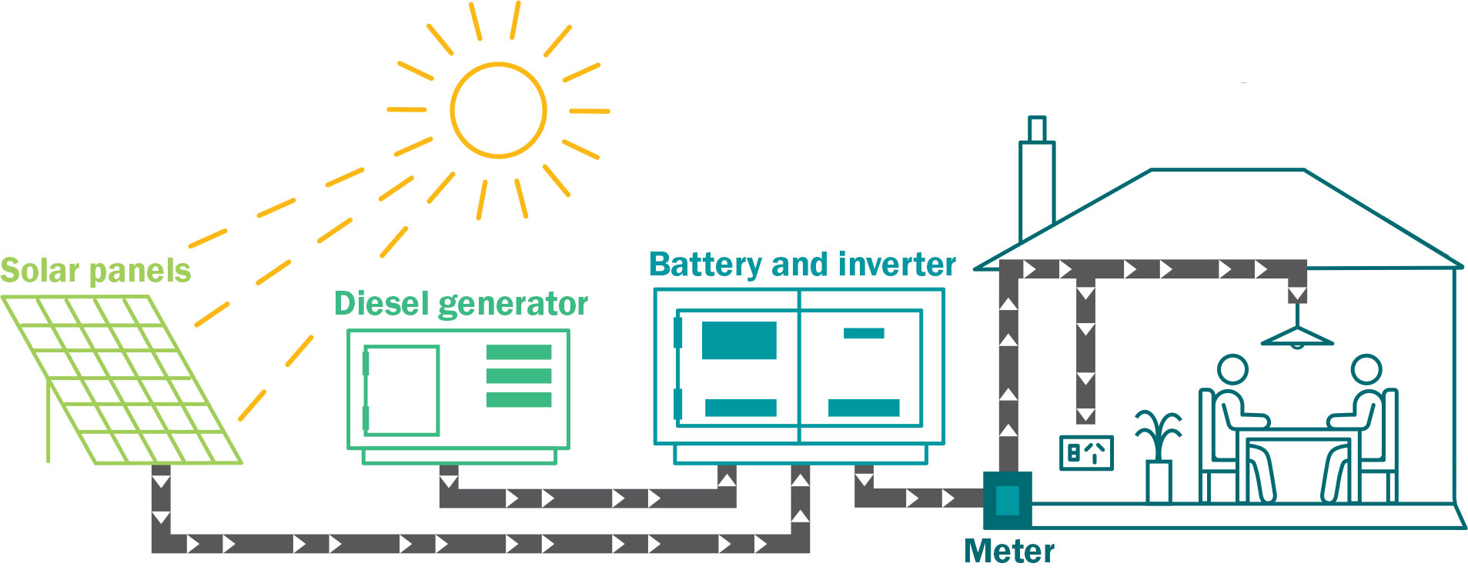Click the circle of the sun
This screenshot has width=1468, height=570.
coord(498,111)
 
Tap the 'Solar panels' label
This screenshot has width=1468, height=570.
coord(95,271)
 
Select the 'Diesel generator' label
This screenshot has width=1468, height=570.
coord(460,304)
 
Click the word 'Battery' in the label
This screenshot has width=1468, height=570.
coord(705,265)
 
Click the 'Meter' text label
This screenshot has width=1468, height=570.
coord(1008,552)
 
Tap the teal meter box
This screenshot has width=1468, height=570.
coord(1007,500)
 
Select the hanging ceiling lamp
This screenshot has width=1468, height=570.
coord(1297,335)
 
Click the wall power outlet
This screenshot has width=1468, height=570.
coord(1086,453)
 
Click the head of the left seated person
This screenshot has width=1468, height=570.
coord(1232,370)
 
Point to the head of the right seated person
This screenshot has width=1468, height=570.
coord(1366,370)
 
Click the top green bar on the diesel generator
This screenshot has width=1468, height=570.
coord(519,352)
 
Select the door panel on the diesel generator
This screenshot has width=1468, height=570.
coord(401,391)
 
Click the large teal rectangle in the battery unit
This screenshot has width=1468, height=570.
coord(739,341)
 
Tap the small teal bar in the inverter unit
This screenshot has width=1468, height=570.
coord(864,333)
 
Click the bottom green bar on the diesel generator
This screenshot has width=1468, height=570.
coord(519,400)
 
